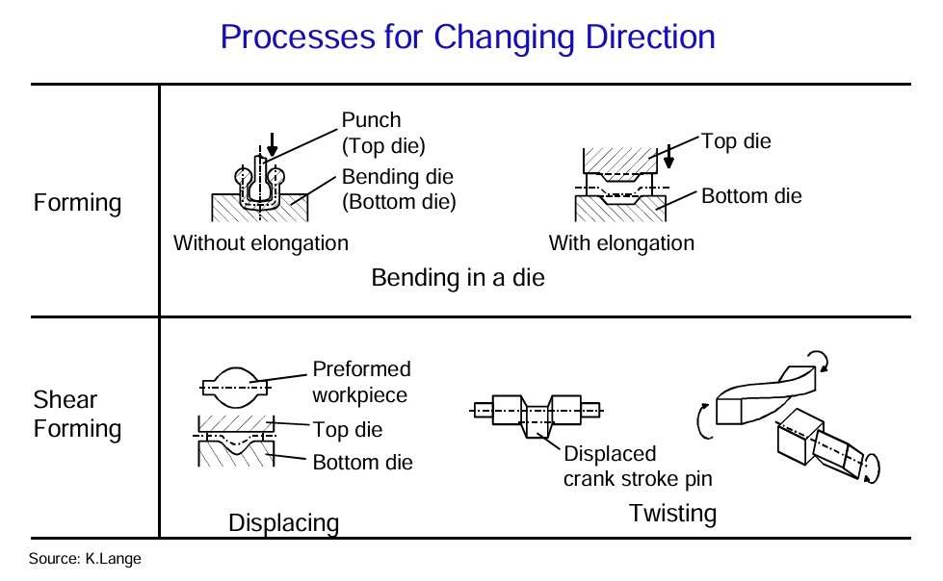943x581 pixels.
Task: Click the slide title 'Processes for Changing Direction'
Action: tap(467, 38)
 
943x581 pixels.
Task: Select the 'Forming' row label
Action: tap(77, 204)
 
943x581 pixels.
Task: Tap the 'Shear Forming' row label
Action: tap(77, 415)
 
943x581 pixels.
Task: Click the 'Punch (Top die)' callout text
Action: tap(383, 133)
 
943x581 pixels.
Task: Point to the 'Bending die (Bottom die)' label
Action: tap(398, 189)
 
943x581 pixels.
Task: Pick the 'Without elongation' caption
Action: tap(260, 243)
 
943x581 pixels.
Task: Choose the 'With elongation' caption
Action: tap(621, 243)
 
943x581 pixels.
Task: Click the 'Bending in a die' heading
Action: tap(458, 279)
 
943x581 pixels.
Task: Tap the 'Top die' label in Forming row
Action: tap(736, 141)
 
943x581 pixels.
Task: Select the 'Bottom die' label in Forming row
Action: tap(751, 196)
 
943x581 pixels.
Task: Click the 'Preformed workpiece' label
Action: tap(361, 382)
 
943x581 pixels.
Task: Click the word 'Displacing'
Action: tap(283, 523)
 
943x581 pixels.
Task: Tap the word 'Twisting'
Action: tap(672, 514)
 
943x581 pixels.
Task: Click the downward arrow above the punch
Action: tap(272, 143)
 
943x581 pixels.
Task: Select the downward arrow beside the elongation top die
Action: tap(668, 157)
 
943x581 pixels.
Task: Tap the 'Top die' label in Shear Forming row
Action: tap(348, 428)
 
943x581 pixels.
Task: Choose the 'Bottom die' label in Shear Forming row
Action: tap(362, 463)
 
